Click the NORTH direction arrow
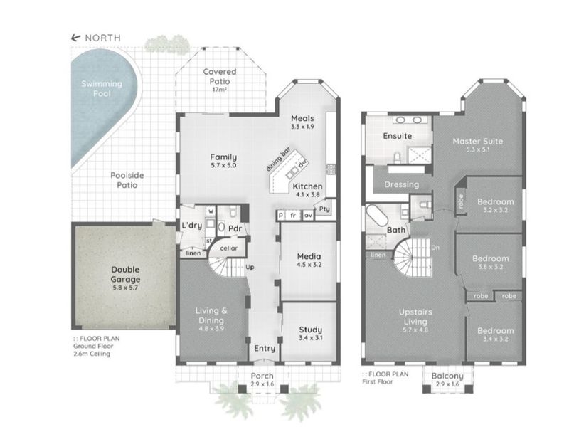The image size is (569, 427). [74, 38]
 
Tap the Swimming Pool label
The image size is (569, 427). [100, 88]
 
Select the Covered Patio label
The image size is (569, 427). [220, 76]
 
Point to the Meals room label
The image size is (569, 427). [303, 118]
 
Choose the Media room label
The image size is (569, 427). [309, 256]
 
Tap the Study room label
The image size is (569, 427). [309, 330]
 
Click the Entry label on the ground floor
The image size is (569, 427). [265, 349]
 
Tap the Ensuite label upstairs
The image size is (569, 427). [398, 135]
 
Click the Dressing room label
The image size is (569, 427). [401, 184]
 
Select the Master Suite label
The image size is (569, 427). [477, 141]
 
